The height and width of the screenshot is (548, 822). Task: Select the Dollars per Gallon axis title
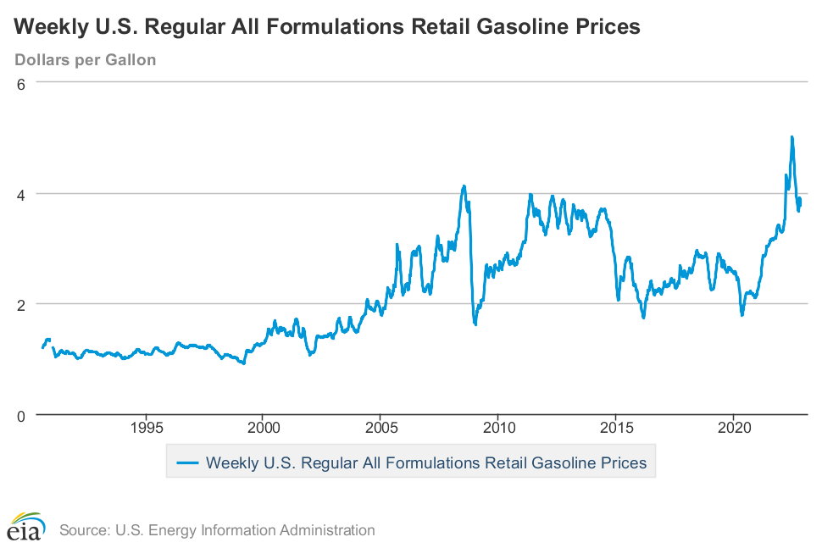coord(85,60)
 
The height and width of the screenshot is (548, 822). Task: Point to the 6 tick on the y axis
coord(23,83)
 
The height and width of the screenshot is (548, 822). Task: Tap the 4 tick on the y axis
coord(23,194)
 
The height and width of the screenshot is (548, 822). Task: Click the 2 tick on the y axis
coord(23,304)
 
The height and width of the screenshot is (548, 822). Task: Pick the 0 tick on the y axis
coord(23,415)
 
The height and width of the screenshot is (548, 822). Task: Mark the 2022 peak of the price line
coord(791,136)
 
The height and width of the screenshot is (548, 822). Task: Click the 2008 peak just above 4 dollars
coord(464,185)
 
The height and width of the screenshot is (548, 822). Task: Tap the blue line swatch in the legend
coord(186,463)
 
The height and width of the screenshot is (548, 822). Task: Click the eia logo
coord(25,527)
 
